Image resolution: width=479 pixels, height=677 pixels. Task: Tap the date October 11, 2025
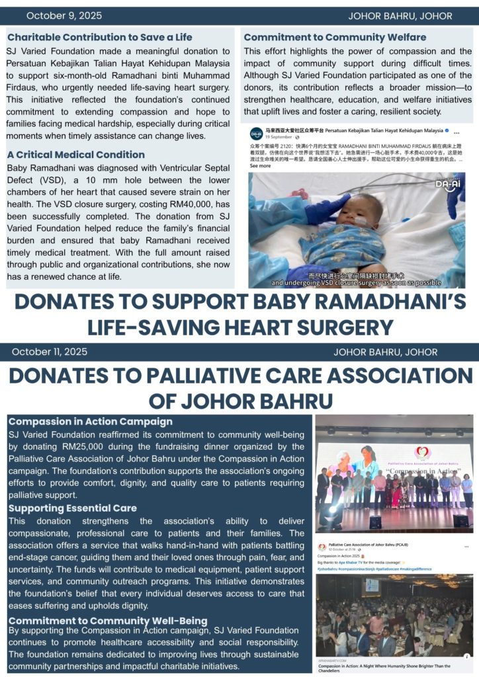(x=49, y=352)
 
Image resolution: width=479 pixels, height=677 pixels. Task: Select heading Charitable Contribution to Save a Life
(x=99, y=37)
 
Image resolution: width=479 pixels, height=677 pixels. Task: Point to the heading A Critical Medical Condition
(x=76, y=155)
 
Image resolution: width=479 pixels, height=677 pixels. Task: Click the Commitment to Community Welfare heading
(x=335, y=37)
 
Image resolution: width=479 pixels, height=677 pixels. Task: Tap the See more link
(x=260, y=167)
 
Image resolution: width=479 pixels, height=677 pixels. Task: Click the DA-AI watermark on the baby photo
(x=447, y=183)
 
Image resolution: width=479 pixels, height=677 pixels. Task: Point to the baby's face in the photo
(x=357, y=214)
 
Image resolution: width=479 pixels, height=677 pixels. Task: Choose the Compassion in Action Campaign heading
(x=90, y=421)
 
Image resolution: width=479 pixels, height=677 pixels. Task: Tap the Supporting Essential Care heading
(x=73, y=508)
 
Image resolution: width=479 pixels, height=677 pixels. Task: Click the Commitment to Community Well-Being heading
(x=108, y=621)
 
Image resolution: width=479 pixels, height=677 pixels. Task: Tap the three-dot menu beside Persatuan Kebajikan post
(x=457, y=133)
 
